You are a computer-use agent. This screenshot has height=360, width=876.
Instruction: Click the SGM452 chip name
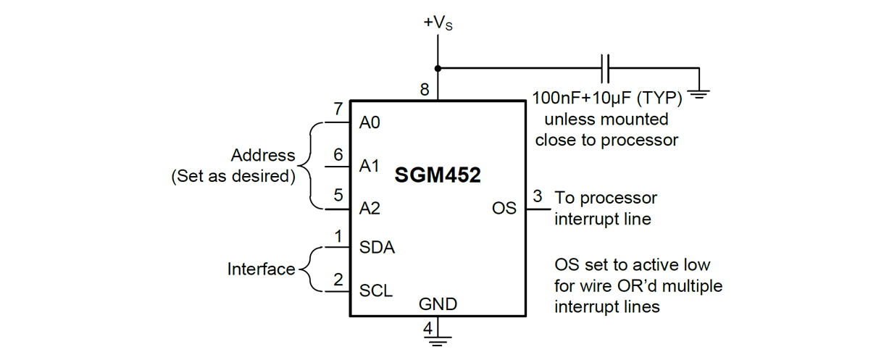[438, 175]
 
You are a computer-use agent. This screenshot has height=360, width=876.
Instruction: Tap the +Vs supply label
[439, 24]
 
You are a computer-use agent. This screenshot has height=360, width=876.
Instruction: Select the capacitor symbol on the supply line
[606, 69]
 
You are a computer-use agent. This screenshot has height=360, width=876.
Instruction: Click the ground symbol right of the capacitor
[698, 93]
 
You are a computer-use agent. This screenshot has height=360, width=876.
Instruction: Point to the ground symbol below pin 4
[438, 337]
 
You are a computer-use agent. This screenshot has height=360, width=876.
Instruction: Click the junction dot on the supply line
[438, 69]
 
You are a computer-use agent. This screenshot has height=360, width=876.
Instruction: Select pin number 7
[338, 109]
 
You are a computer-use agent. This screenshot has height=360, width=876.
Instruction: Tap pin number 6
[338, 154]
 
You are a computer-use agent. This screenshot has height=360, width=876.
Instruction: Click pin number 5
[338, 196]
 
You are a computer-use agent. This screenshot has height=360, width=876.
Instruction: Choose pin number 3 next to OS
[537, 196]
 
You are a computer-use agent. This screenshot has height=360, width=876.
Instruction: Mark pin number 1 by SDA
[338, 235]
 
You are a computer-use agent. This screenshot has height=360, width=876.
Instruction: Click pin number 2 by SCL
[338, 279]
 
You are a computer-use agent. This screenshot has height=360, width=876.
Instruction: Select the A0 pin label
[370, 123]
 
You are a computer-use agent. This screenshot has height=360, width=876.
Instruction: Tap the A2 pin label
[370, 209]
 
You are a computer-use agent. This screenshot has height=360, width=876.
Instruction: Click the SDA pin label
[377, 248]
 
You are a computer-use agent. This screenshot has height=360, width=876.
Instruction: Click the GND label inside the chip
[438, 304]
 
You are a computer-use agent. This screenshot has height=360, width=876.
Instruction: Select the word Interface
[262, 269]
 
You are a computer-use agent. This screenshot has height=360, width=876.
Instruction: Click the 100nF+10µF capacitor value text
[607, 98]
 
